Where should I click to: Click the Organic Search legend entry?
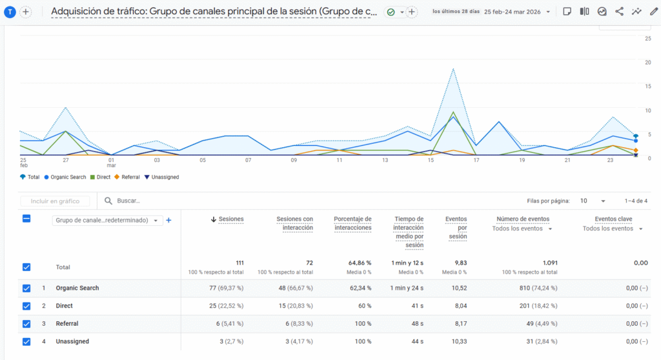(x=67, y=177)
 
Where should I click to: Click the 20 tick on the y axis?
(x=647, y=62)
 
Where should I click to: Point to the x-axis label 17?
(x=476, y=160)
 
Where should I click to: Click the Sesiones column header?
(x=231, y=219)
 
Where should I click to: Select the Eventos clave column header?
(x=613, y=219)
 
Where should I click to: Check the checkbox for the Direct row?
(x=26, y=306)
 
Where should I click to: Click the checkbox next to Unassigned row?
(x=26, y=341)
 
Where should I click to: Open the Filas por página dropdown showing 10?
(x=593, y=201)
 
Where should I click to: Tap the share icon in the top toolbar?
(x=619, y=12)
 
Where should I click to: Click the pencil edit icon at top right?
(x=653, y=12)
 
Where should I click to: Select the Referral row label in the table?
(x=67, y=324)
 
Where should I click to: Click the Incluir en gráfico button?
(x=55, y=201)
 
